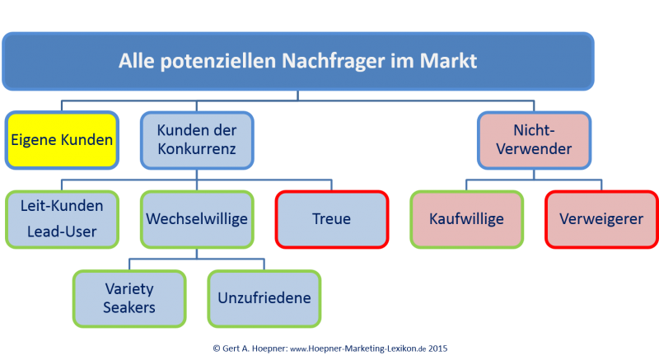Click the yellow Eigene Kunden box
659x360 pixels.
click(x=62, y=140)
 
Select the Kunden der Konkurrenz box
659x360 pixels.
click(x=197, y=140)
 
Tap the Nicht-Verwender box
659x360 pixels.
click(x=534, y=140)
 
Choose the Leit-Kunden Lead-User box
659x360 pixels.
click(x=62, y=219)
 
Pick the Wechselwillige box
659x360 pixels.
click(x=197, y=219)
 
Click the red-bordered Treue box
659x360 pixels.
click(x=332, y=219)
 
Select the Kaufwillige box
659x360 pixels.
click(x=466, y=219)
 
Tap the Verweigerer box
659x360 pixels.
click(x=601, y=219)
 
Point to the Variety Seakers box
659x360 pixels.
click(x=129, y=299)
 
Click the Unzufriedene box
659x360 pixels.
click(x=264, y=299)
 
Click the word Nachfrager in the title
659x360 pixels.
click(x=333, y=61)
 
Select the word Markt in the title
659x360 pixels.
click(x=448, y=60)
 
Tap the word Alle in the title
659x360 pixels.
click(x=137, y=60)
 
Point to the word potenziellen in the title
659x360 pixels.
click(x=218, y=61)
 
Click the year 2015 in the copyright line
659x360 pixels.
click(x=438, y=348)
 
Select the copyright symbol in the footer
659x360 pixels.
click(x=217, y=348)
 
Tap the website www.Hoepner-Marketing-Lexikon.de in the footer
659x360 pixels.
click(x=358, y=348)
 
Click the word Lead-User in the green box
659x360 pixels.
click(x=62, y=231)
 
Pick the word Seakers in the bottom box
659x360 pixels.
click(x=129, y=307)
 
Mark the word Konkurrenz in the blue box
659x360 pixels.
click(x=197, y=149)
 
